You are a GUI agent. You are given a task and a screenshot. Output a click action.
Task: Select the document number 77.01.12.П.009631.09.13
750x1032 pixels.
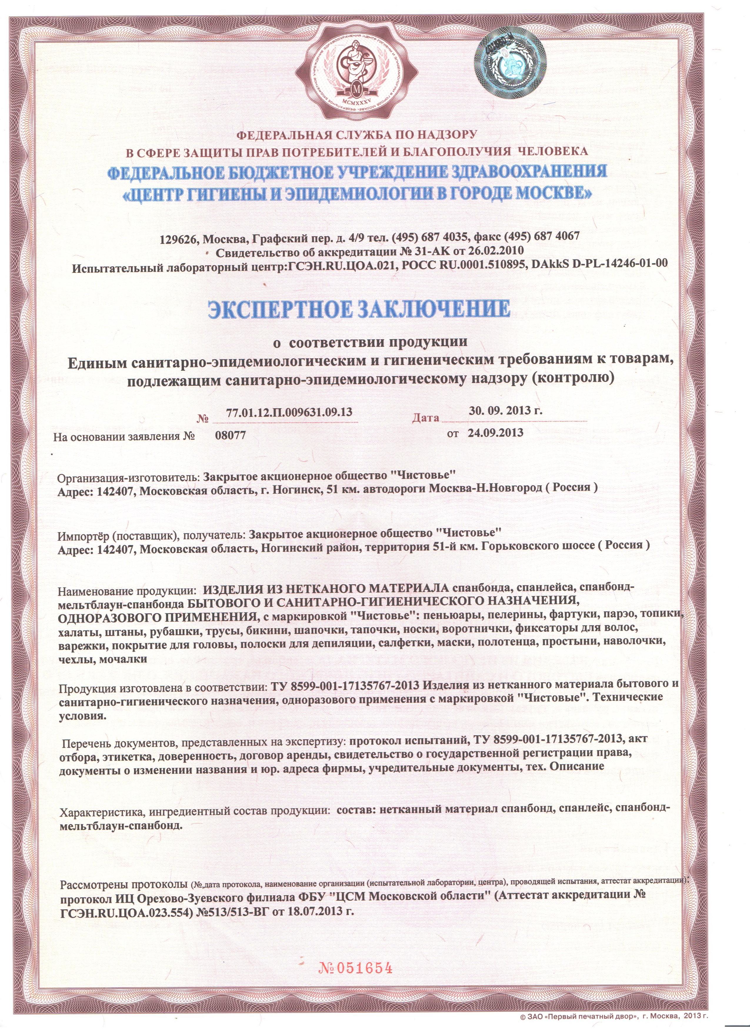(289, 412)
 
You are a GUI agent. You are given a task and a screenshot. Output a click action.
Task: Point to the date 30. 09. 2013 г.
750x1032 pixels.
(506, 410)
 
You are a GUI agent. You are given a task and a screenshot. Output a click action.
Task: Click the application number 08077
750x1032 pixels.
(230, 435)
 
